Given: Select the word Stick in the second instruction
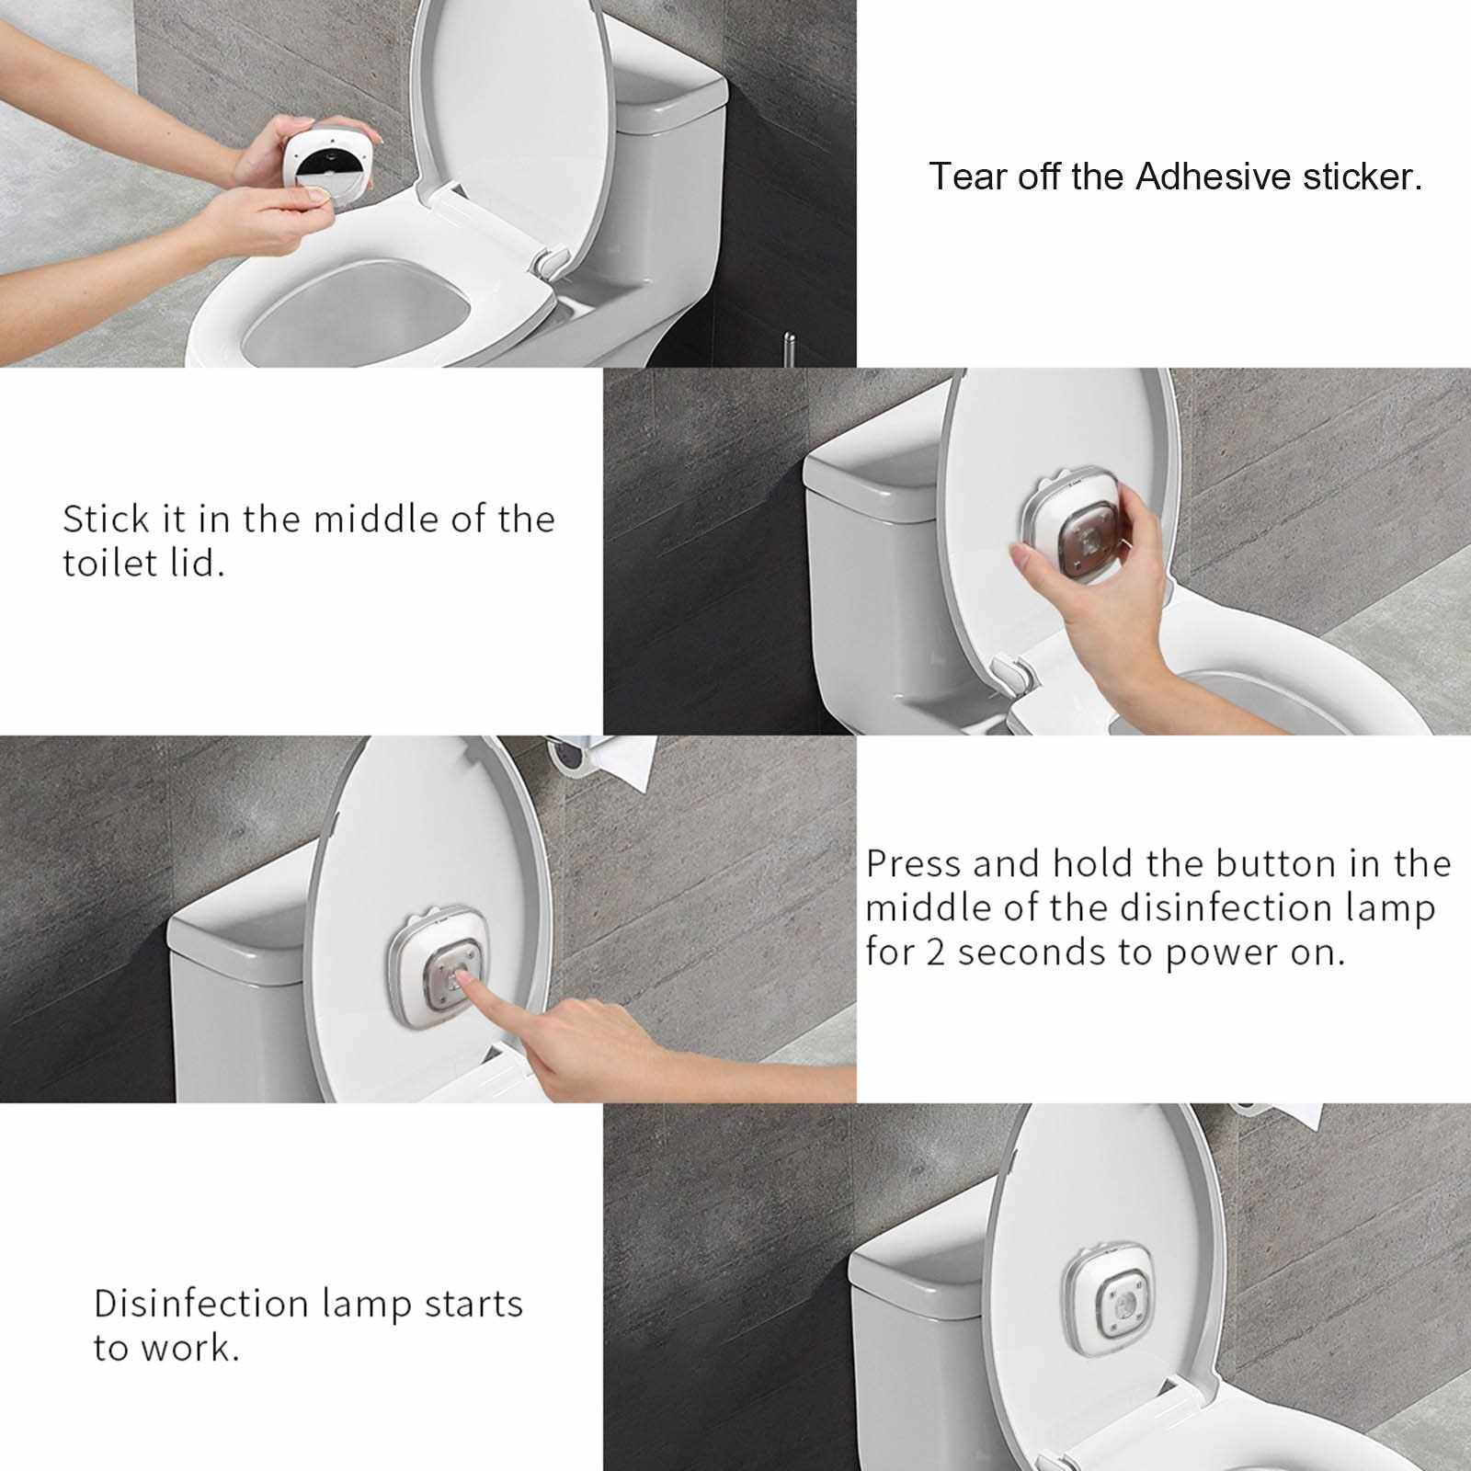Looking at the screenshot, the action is click(106, 519).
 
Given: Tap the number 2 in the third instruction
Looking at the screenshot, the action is click(935, 952).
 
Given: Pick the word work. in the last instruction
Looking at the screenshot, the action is click(189, 1348).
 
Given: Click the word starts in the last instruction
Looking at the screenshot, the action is click(473, 1305).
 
